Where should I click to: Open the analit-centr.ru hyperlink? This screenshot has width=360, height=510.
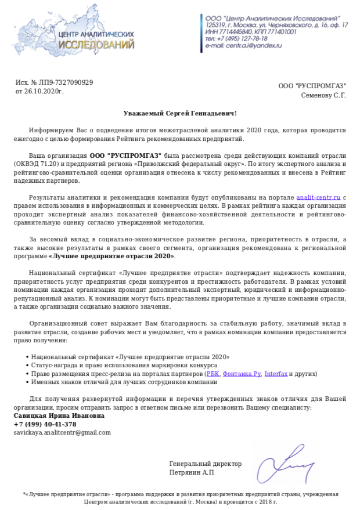tap(318, 198)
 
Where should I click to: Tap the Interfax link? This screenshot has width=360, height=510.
tap(275, 374)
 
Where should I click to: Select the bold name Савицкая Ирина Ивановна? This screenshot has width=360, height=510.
tap(59, 416)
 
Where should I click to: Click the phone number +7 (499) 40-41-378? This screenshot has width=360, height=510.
tap(45, 424)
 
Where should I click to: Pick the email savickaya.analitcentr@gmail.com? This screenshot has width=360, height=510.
tap(62, 432)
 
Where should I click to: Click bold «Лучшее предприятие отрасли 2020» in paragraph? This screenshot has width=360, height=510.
tap(111, 256)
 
